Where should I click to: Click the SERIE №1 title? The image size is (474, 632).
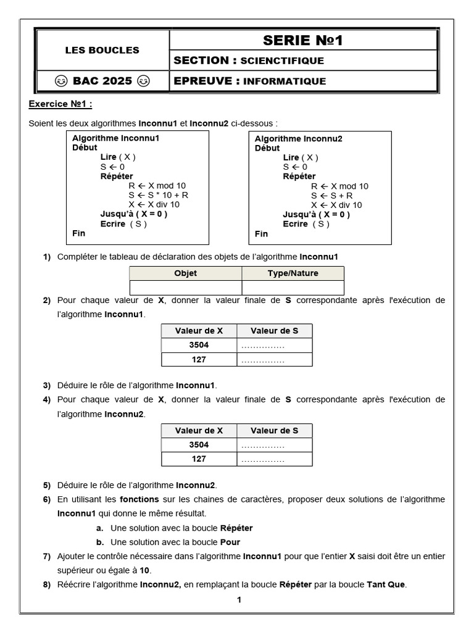[302, 41]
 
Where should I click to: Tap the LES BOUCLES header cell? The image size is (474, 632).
[102, 50]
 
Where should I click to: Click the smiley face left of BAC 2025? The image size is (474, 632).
[60, 81]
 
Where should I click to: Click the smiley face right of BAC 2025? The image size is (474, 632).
[143, 81]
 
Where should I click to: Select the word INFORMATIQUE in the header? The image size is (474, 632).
[285, 81]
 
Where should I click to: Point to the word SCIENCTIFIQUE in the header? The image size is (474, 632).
[281, 60]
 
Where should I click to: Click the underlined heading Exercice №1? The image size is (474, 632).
[60, 104]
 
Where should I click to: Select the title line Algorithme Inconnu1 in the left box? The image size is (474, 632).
[115, 138]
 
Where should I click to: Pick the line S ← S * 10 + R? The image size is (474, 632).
[159, 195]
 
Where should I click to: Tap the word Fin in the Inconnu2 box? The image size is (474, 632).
[261, 233]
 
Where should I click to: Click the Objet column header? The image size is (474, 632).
[185, 273]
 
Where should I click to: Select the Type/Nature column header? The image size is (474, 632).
[293, 273]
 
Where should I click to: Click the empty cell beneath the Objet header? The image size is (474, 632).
[185, 288]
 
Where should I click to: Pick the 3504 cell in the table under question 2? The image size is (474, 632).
[199, 345]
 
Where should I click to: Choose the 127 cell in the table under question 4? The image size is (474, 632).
[199, 459]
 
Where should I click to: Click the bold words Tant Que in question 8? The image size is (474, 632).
[386, 584]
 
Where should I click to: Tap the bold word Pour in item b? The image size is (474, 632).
[231, 543]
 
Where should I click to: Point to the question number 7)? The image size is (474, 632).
[47, 557]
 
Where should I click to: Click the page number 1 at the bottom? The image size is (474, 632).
[239, 599]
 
